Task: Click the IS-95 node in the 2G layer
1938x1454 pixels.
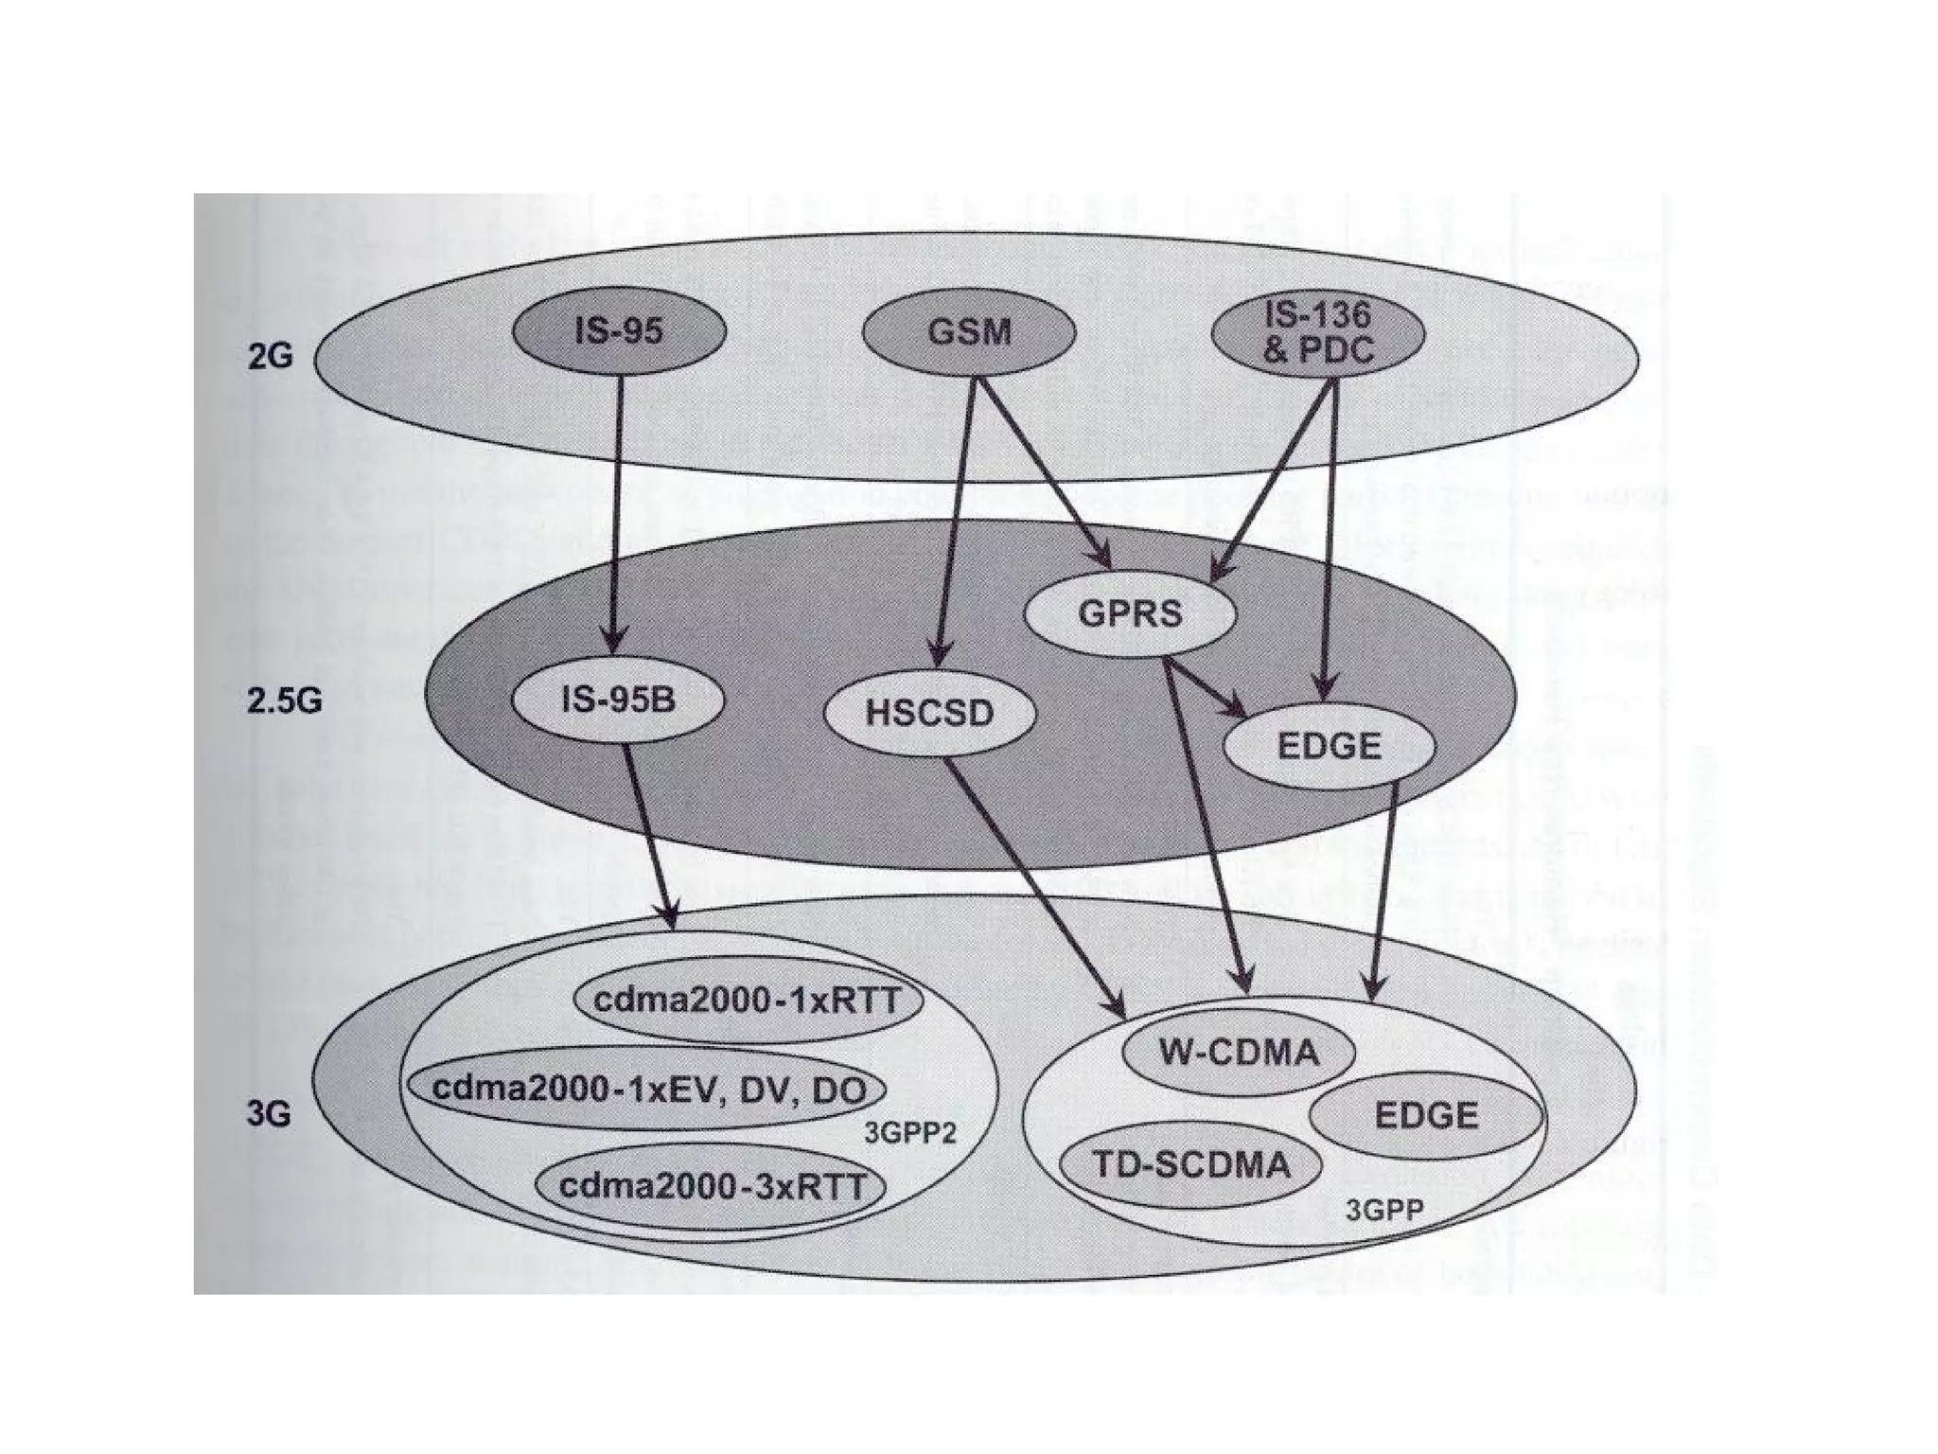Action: tap(619, 330)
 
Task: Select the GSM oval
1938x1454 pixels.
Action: tap(969, 331)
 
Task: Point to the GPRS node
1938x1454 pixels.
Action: tap(1130, 613)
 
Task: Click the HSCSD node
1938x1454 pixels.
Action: tap(930, 712)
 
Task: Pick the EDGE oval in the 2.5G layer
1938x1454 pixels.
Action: tap(1329, 746)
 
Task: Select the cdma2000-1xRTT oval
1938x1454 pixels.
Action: tap(748, 1002)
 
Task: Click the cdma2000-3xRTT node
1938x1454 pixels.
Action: tap(712, 1186)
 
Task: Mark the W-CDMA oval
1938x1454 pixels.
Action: tap(1238, 1052)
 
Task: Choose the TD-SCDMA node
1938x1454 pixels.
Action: tap(1190, 1164)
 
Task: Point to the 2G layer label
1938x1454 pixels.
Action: tap(270, 358)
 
